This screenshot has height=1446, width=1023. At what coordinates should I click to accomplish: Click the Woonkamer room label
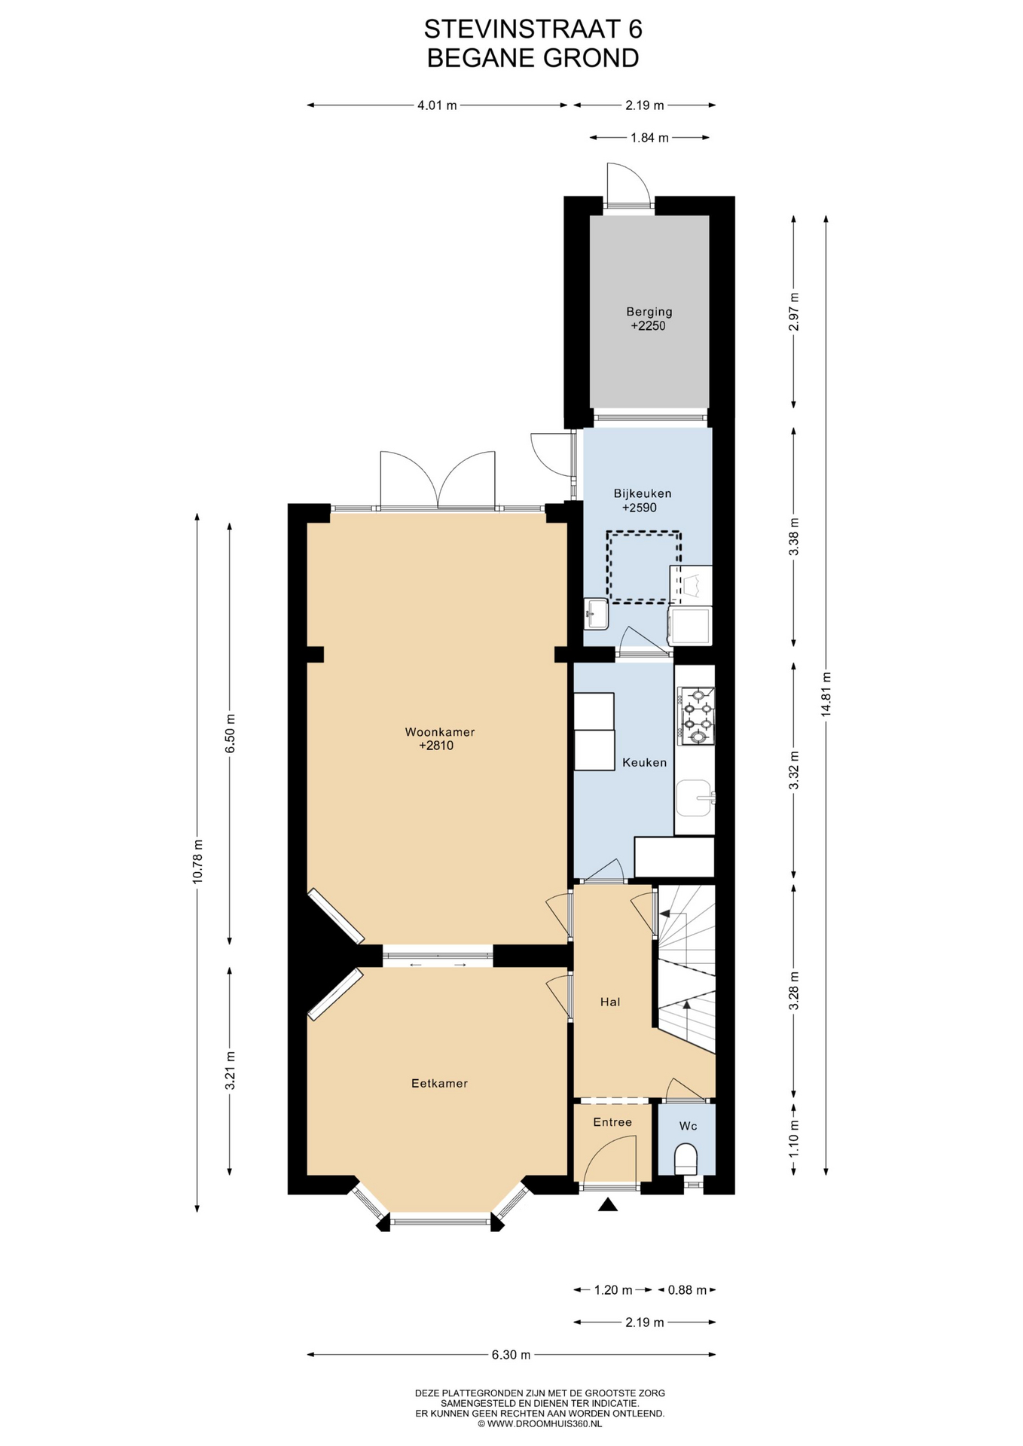pyautogui.click(x=440, y=731)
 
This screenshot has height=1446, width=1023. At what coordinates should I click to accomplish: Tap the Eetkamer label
pyautogui.click(x=439, y=1083)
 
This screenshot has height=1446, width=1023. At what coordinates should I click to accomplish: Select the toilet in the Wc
pyautogui.click(x=686, y=1159)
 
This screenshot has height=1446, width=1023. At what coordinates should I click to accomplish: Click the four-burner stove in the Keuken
pyautogui.click(x=696, y=715)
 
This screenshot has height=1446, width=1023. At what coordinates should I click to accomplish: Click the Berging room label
pyautogui.click(x=649, y=312)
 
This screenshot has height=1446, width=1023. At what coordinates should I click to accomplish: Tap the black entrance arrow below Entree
pyautogui.click(x=608, y=1205)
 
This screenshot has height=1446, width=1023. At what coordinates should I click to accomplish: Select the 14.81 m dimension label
pyautogui.click(x=826, y=695)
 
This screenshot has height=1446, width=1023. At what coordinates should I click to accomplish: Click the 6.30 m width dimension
pyautogui.click(x=511, y=1354)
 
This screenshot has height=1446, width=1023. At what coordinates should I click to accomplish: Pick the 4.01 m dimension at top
pyautogui.click(x=437, y=105)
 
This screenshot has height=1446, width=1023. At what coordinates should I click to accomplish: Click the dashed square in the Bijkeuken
pyautogui.click(x=644, y=567)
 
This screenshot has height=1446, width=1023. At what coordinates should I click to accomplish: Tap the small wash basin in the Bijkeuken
pyautogui.click(x=596, y=614)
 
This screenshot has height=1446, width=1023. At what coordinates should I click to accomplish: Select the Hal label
pyautogui.click(x=610, y=1002)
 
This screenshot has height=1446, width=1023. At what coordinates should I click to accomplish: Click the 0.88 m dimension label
pyautogui.click(x=687, y=1289)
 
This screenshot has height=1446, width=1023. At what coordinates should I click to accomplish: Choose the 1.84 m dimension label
pyautogui.click(x=649, y=138)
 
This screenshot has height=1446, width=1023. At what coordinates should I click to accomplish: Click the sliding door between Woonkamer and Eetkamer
pyautogui.click(x=438, y=956)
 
